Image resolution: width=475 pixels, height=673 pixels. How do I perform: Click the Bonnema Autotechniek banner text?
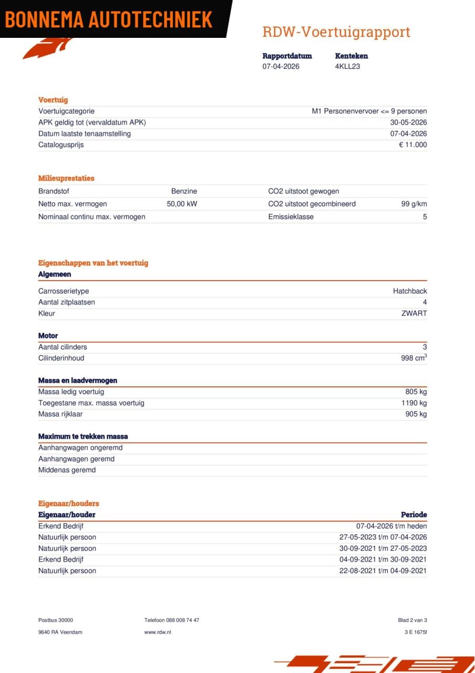coord(109,19)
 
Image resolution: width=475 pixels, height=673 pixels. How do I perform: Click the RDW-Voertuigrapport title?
coord(336,32)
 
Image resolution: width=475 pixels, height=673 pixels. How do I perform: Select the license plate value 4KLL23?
coord(347,66)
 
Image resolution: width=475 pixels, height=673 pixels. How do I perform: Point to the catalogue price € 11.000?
coord(412,145)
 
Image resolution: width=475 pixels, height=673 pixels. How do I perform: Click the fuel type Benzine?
coord(184,191)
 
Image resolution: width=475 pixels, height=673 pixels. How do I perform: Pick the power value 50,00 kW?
coord(182,204)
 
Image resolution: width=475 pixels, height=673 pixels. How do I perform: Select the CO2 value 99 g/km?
coord(414,204)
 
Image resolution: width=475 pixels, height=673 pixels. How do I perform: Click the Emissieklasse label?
coord(291,217)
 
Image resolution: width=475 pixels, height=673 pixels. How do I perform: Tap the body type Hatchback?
coord(410,291)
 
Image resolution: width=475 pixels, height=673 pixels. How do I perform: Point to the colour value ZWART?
coord(414,313)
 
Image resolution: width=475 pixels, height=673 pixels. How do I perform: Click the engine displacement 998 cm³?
coord(414,358)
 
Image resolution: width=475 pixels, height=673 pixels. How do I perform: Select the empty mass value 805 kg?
coord(416,392)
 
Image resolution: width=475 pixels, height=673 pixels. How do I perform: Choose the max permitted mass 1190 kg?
coord(414,403)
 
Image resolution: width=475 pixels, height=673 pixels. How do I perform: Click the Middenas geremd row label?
coord(67,470)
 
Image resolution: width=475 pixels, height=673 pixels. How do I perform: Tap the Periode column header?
coord(414,515)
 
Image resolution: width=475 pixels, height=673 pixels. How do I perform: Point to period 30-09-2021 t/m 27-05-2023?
coord(383,548)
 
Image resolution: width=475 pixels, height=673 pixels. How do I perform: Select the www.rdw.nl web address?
coord(158,632)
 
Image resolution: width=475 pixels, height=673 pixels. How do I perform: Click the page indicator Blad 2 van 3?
coord(412,620)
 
